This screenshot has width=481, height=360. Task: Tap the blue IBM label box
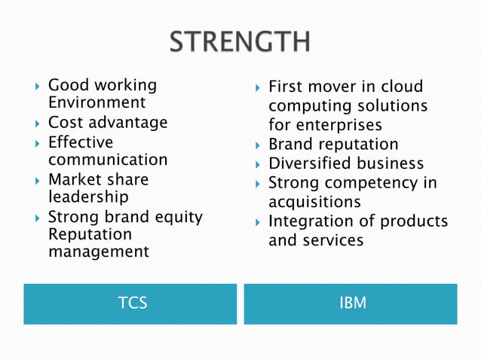(x=351, y=304)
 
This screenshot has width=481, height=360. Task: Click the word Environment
(x=97, y=103)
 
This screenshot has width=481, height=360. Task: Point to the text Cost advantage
(x=108, y=123)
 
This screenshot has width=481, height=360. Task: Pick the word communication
(x=108, y=160)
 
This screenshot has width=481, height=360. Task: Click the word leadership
(x=88, y=197)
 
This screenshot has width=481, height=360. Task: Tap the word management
(x=99, y=252)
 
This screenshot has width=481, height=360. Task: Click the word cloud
(x=403, y=87)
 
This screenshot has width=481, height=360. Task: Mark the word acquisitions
(x=314, y=202)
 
